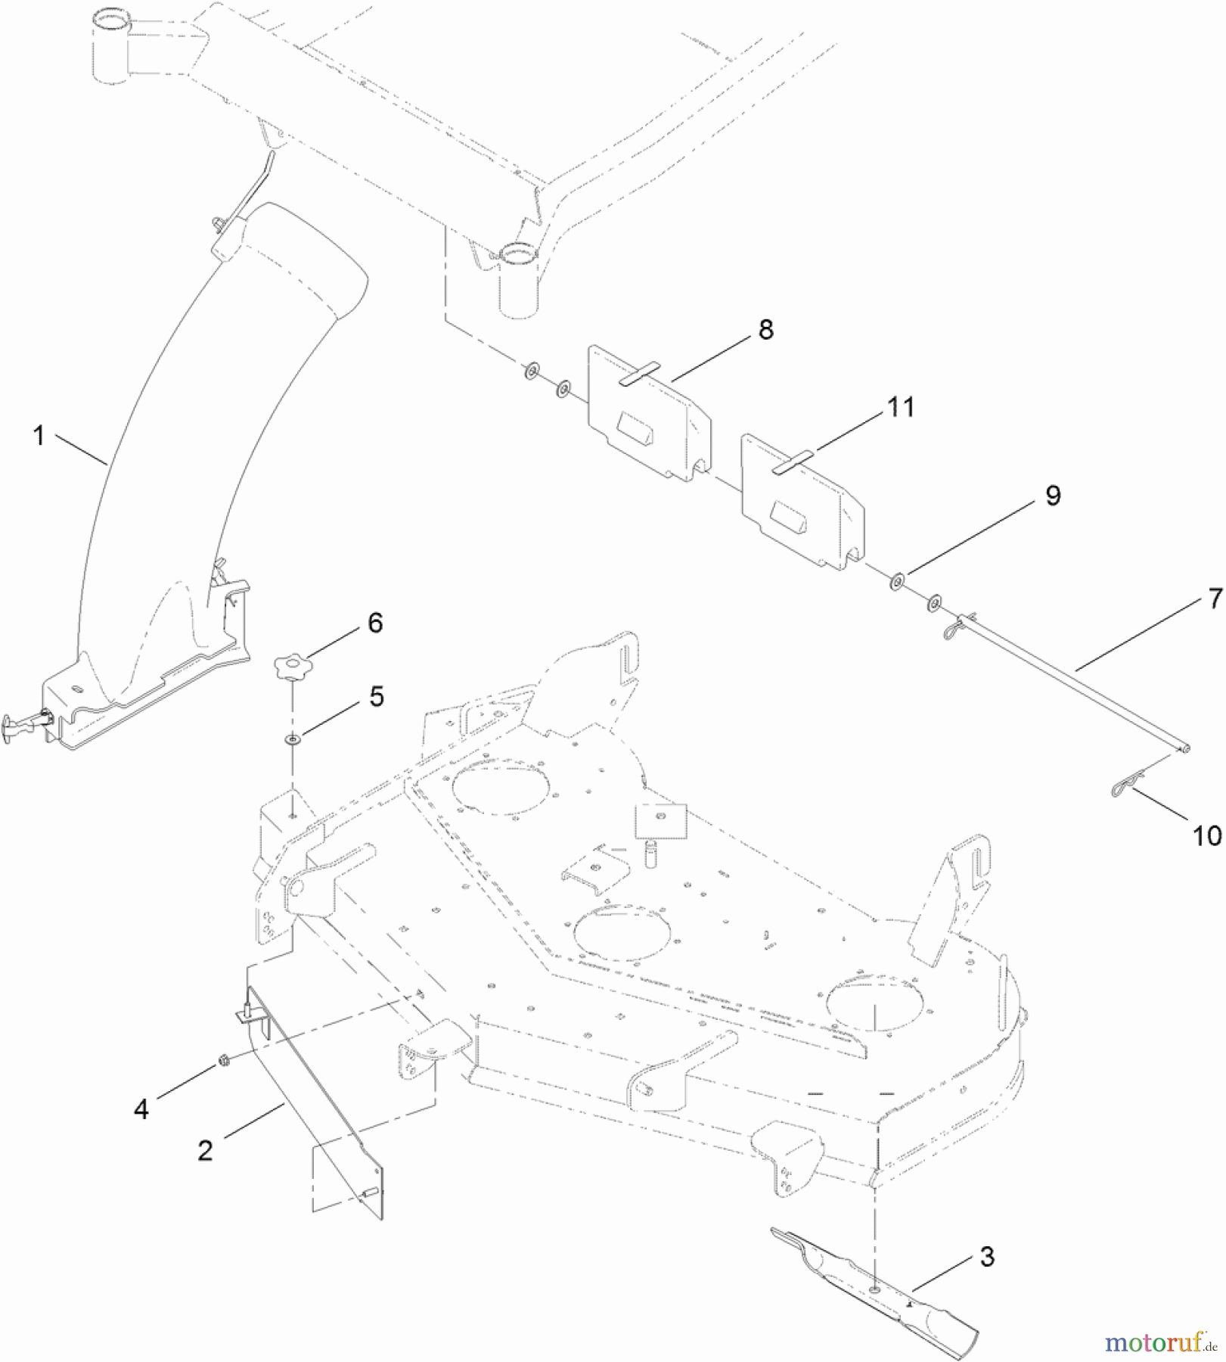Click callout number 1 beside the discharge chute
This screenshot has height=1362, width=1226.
tap(39, 436)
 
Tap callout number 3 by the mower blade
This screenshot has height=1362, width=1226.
tap(987, 1256)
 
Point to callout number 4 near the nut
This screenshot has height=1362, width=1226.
tap(141, 1109)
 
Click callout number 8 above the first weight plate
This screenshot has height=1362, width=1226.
tap(766, 330)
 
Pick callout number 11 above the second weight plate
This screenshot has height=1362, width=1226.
tap(901, 407)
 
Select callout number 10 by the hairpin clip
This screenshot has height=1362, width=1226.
tap(1207, 836)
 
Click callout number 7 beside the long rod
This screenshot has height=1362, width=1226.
tap(1215, 599)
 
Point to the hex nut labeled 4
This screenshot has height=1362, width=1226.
tap(223, 1061)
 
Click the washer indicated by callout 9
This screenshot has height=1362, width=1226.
tap(897, 582)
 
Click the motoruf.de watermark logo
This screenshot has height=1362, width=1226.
tap(1160, 1343)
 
